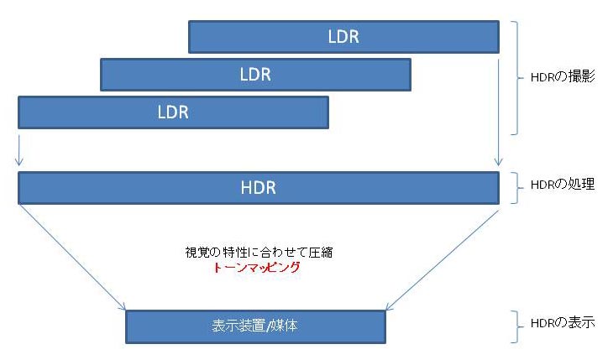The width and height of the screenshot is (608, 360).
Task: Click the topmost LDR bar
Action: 343,37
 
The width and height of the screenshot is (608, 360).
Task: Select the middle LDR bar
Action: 255,75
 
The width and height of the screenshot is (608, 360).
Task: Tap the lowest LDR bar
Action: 173,112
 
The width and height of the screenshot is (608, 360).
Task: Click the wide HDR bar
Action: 259,188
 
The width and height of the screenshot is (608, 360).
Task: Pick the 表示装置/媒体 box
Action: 255,326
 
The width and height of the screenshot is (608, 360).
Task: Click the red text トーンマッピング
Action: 257,268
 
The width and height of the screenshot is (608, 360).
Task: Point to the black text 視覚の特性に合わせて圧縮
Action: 259,253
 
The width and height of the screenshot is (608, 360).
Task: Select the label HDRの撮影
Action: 563,76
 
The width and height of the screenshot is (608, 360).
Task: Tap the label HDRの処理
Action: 563,184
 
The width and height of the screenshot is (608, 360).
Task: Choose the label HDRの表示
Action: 563,322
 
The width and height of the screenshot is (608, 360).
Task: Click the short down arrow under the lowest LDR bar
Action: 19,150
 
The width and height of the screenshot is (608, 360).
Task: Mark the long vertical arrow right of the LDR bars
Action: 499,112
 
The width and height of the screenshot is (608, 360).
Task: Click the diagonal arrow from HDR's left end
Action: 72,258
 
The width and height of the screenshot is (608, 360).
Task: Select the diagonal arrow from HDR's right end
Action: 443,260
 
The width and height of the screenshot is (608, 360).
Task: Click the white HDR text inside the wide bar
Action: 259,188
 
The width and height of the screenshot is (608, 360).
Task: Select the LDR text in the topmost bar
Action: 343,37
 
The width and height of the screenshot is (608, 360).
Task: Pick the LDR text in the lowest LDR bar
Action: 173,112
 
